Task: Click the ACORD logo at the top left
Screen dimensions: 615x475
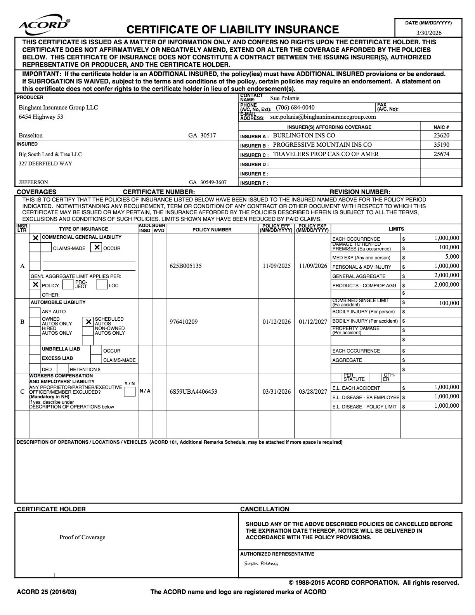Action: coord(45,24)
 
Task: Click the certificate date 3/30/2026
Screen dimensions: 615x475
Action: coord(429,33)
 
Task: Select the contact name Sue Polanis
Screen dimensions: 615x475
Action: coord(285,98)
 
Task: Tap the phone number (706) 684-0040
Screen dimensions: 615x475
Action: coord(295,108)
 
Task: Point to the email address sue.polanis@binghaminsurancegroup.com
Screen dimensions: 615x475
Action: coord(323,117)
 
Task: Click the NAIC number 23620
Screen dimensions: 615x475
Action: coord(441,136)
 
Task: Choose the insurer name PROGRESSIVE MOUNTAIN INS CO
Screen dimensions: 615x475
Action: coord(322,145)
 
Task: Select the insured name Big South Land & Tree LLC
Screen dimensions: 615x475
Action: coord(50,154)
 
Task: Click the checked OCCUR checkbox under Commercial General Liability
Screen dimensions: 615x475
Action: coord(97,247)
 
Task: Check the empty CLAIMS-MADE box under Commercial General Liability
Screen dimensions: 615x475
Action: coord(46,247)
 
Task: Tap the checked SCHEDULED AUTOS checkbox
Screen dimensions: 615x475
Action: coord(88,322)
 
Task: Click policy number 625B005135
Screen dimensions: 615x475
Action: coord(186,266)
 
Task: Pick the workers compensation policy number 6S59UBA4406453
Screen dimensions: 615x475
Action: coord(193,392)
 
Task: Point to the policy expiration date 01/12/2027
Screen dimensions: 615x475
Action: coord(313,322)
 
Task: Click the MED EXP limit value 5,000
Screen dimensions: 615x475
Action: coord(452,257)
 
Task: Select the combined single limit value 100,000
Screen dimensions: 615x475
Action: coord(449,303)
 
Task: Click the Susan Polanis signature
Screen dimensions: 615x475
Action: coord(261,563)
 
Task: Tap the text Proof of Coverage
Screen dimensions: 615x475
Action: coord(82,537)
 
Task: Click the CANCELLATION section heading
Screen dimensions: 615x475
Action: coord(265,509)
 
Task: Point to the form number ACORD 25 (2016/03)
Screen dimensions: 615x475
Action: coord(46,592)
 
